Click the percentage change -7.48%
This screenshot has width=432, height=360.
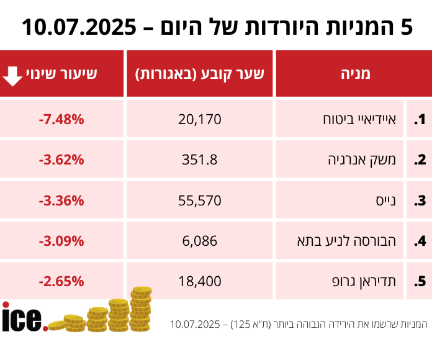point(61,119)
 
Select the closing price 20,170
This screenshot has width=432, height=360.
point(200,119)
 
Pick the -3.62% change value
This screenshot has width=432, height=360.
point(61,160)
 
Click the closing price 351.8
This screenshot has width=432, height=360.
point(200,160)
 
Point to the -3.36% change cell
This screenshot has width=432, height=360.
point(61,200)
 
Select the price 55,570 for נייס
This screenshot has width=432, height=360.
point(200,200)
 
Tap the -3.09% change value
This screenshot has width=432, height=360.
point(61,241)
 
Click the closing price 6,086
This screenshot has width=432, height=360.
point(200,241)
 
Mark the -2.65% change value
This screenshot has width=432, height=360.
point(61,281)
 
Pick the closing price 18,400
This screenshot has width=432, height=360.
point(200,281)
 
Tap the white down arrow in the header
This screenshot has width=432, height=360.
point(13,74)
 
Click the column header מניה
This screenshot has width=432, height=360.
point(355,74)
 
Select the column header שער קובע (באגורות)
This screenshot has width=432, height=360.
point(200,74)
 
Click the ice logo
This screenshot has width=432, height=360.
point(24,318)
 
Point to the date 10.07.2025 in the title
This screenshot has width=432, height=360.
point(79,27)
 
